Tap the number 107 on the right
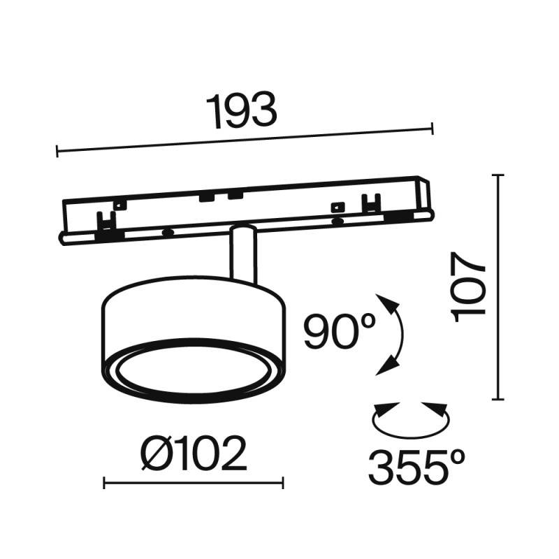click(x=469, y=286)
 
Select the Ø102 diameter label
click(x=194, y=454)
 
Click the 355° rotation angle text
click(x=417, y=467)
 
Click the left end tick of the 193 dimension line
click(x=57, y=150)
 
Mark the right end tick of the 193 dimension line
click(x=433, y=128)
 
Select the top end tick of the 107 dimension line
click(x=498, y=175)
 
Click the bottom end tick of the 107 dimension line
click(x=498, y=399)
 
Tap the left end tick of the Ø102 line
click(x=104, y=483)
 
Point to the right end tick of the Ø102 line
click(x=283, y=483)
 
